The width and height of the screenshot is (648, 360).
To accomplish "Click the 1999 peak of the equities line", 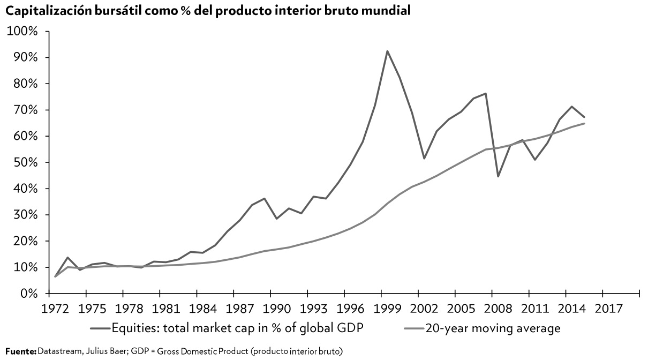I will click(x=387, y=51).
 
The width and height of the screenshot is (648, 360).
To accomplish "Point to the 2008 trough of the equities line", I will click(x=498, y=176).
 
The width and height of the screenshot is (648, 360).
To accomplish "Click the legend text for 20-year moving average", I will click(x=493, y=328).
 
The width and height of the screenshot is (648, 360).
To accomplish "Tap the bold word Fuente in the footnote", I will click(x=20, y=351).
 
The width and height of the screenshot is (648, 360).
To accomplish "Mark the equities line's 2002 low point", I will click(x=424, y=158).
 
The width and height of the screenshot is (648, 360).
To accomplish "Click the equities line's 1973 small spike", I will click(x=67, y=258).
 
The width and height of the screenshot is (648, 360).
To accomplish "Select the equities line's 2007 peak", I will click(x=485, y=94).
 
